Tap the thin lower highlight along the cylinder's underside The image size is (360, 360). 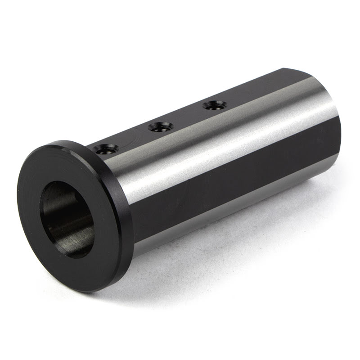point(225,211)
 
